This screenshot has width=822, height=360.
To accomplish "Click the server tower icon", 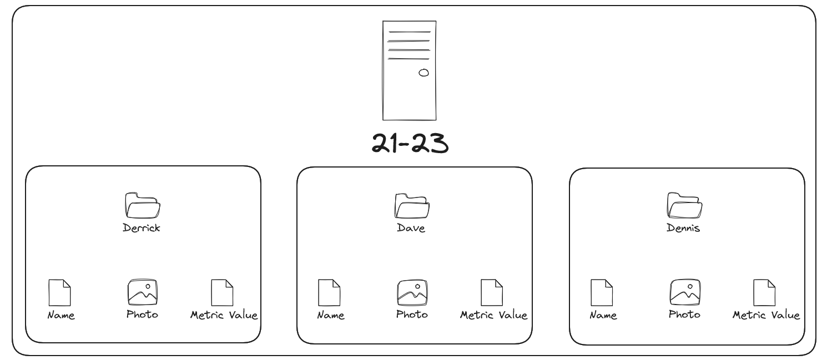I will (409, 70).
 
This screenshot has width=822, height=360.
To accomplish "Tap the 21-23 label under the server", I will (410, 143).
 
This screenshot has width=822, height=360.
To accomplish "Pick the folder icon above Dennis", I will (684, 205).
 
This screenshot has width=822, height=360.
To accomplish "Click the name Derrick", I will (142, 228).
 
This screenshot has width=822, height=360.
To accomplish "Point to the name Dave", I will (411, 228).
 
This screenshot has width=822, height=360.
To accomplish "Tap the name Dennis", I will (683, 228).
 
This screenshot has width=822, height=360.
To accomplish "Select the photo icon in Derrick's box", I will (142, 292).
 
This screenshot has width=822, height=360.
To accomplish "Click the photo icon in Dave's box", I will (412, 292).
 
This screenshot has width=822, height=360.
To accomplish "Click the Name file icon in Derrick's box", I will (60, 292).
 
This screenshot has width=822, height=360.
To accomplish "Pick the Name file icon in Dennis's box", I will (601, 292).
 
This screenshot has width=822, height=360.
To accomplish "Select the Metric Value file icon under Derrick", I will (222, 292).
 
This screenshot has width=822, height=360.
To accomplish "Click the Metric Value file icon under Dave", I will (491, 292).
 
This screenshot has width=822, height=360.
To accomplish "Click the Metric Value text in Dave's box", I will (493, 315).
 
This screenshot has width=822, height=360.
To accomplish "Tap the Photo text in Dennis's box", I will (684, 315).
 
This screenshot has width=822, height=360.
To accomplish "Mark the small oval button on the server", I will (423, 73).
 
